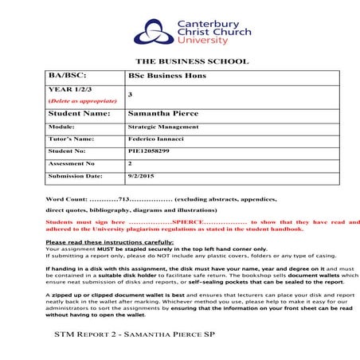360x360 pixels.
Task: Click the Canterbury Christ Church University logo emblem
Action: [x=151, y=31]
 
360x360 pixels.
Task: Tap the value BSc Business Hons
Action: [x=158, y=76]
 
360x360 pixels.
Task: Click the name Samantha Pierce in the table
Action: [x=163, y=114]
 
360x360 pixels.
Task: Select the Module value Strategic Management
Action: [x=161, y=127]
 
